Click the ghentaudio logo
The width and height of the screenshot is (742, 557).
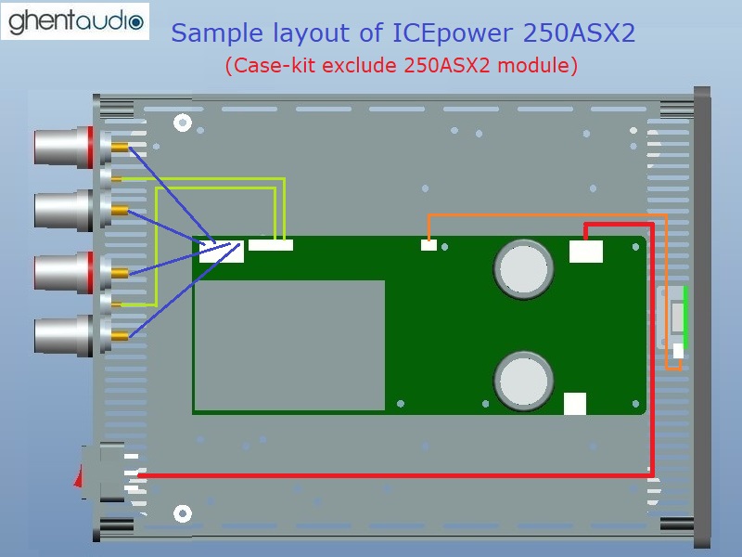[75, 20]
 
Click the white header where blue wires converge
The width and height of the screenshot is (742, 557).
[222, 251]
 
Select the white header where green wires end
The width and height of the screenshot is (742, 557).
[271, 245]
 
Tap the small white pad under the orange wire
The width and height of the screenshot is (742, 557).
[429, 245]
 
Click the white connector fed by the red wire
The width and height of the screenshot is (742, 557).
[585, 251]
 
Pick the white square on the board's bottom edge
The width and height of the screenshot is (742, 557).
[575, 404]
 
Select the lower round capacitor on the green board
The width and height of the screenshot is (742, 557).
[524, 379]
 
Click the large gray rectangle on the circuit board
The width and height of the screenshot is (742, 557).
[289, 344]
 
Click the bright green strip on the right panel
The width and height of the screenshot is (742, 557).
[685, 316]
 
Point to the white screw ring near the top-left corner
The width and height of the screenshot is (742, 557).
[183, 122]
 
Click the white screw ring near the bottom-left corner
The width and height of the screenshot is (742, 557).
[183, 513]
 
